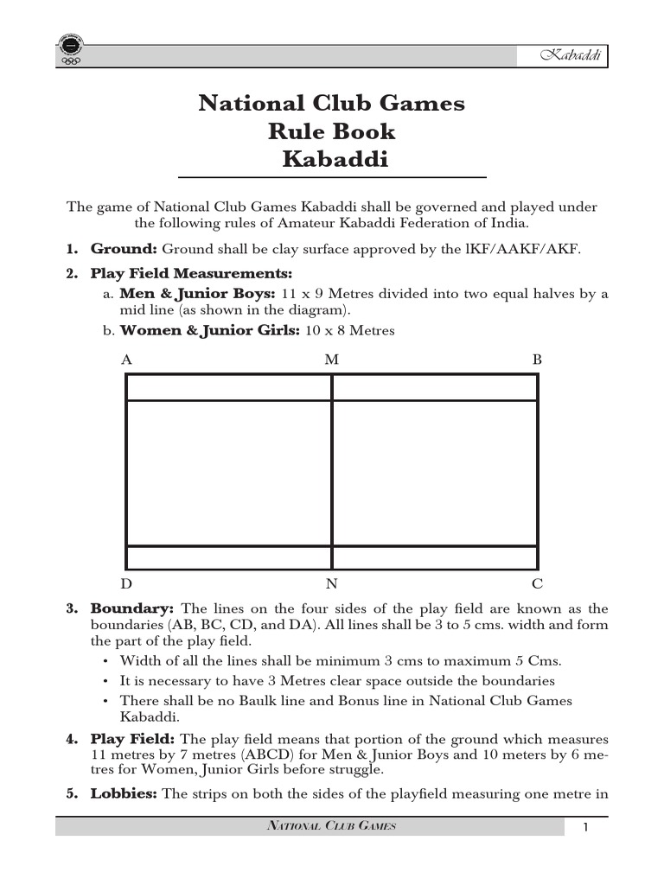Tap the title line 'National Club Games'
point(331,104)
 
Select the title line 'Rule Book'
point(331,132)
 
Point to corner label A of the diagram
point(127,360)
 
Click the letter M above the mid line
point(331,360)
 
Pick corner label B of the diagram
point(536,360)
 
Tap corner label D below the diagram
point(127,584)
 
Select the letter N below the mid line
point(331,584)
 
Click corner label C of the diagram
point(537,584)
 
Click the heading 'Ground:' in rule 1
point(124,250)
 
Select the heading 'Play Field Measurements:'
point(185,274)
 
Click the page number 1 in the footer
point(584,828)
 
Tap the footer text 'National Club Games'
point(331,827)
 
